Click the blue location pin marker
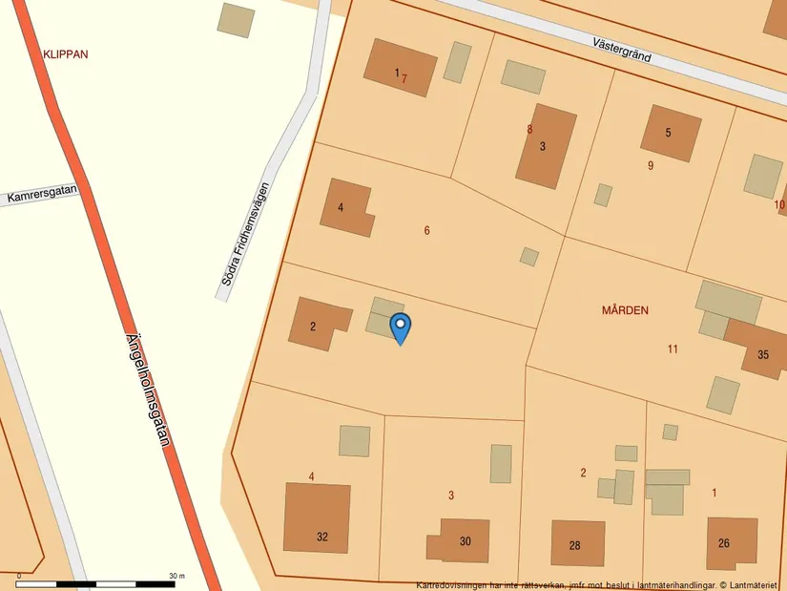click(401, 327)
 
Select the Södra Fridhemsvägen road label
click(244, 233)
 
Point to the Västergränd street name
click(621, 50)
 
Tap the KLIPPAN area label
click(66, 54)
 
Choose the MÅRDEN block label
click(625, 310)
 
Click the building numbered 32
click(318, 517)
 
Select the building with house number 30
click(463, 539)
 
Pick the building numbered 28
click(576, 543)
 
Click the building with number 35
click(760, 350)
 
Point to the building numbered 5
click(669, 132)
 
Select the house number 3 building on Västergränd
click(545, 146)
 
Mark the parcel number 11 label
click(673, 348)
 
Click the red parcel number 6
click(426, 230)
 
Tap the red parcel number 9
click(651, 165)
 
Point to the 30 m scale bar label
click(176, 576)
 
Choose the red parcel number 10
click(779, 204)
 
